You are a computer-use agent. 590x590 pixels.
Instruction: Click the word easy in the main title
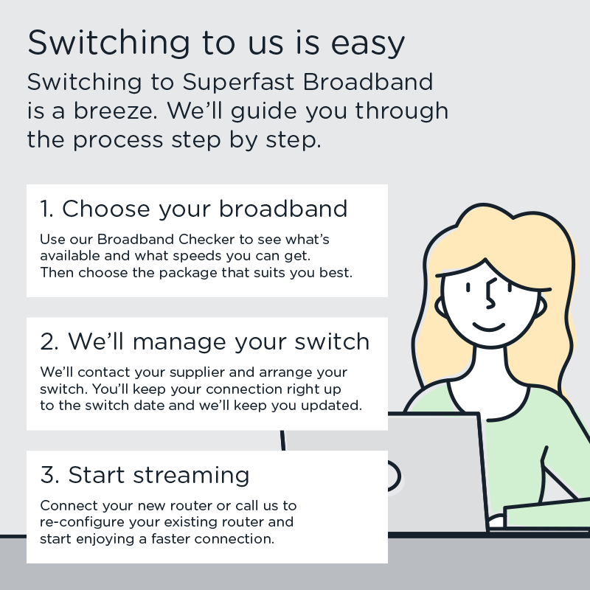(x=367, y=44)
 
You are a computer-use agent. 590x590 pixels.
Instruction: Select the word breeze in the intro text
(x=115, y=111)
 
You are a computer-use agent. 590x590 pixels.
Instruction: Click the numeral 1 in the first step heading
(x=45, y=209)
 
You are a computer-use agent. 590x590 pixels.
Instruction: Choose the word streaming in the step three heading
(x=191, y=476)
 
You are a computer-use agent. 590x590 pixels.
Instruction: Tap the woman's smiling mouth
(x=489, y=327)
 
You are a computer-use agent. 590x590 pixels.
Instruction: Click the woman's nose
(x=490, y=294)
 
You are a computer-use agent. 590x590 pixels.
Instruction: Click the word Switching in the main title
(x=108, y=44)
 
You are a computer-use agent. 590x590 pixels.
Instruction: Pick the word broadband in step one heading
(x=283, y=209)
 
